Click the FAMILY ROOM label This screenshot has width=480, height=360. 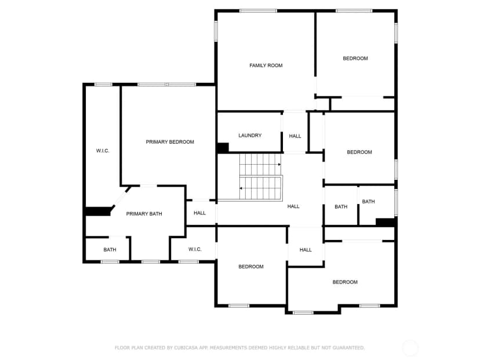point(266,66)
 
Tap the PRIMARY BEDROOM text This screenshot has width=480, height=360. point(170,142)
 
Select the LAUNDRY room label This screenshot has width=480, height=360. point(250,135)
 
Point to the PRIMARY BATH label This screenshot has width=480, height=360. point(144,214)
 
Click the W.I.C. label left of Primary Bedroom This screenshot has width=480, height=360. point(103,151)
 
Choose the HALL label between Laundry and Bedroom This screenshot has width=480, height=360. point(295,136)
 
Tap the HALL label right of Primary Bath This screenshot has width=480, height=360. point(199,213)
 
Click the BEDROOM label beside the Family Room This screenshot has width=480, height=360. point(355,59)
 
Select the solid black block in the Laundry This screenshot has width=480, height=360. point(223,148)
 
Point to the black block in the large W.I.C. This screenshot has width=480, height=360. point(97,211)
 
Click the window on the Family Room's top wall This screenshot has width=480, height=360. point(258,11)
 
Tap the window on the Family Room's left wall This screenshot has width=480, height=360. point(216,31)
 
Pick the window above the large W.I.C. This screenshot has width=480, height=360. point(103,85)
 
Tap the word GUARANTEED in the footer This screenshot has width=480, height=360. point(348,348)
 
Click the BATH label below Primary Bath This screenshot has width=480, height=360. point(110,250)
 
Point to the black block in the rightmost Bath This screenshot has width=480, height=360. point(386,222)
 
